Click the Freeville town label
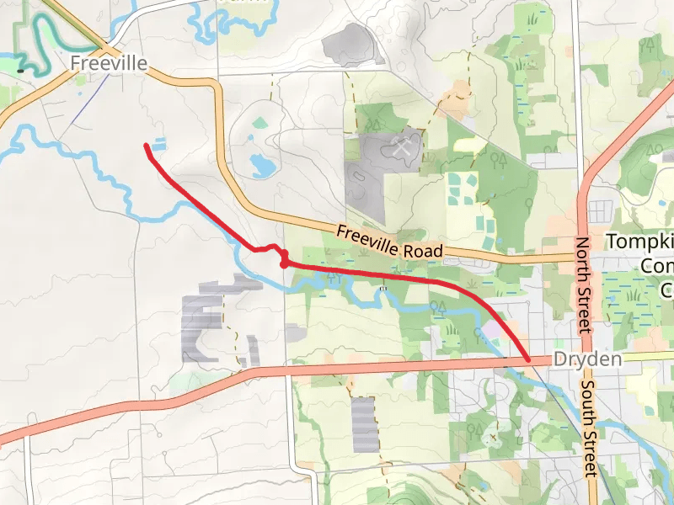[109, 63]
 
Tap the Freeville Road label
[389, 242]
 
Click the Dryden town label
[587, 359]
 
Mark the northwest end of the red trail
[147, 146]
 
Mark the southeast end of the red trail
[528, 359]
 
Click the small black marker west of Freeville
[19, 72]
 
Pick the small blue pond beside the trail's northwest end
[159, 145]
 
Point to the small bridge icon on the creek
[383, 289]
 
